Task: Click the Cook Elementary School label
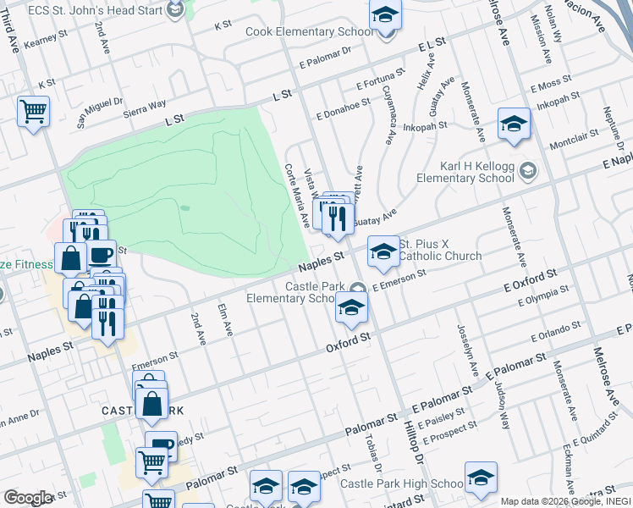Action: click(309, 32)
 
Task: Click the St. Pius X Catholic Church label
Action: click(440, 250)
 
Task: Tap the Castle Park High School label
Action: click(402, 483)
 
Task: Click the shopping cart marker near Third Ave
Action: click(33, 110)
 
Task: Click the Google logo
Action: click(29, 497)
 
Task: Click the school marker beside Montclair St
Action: click(513, 124)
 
